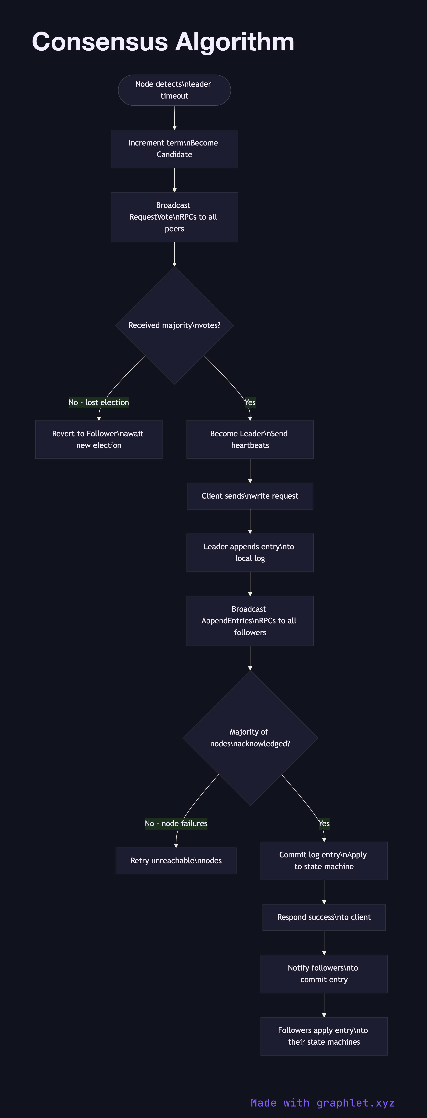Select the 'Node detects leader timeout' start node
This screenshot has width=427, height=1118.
[x=174, y=90]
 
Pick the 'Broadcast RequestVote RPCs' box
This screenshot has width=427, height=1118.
[x=174, y=217]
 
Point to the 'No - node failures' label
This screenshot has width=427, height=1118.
[x=176, y=823]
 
